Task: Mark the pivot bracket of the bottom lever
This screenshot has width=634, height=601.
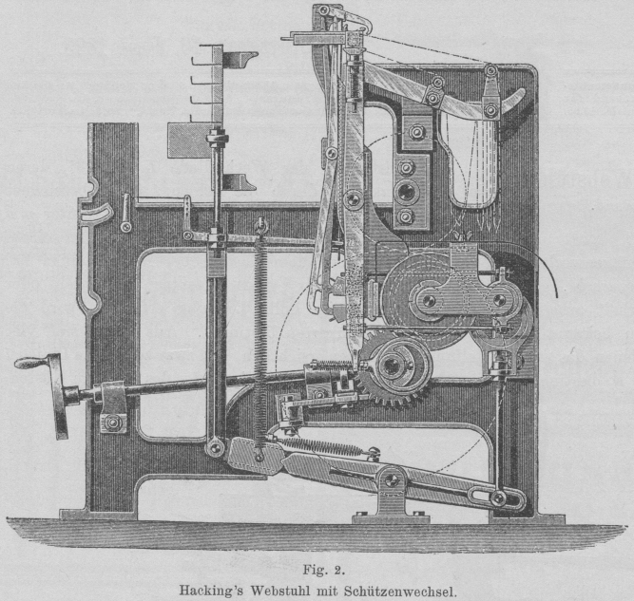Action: (x=390, y=494)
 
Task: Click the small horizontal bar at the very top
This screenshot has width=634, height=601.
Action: (x=309, y=40)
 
